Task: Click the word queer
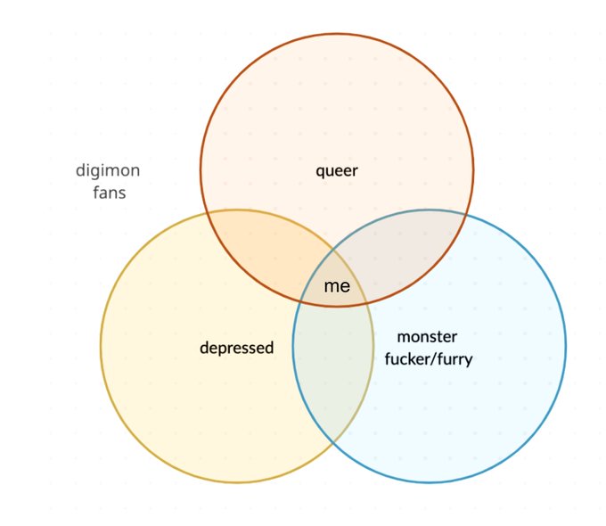(337, 169)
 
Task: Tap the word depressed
(236, 347)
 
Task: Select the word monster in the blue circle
(427, 337)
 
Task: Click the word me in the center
(337, 286)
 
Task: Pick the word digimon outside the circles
(108, 170)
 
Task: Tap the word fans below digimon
(109, 192)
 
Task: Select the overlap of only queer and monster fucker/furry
(405, 254)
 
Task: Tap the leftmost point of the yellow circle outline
(101, 346)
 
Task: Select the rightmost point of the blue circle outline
(566, 346)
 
